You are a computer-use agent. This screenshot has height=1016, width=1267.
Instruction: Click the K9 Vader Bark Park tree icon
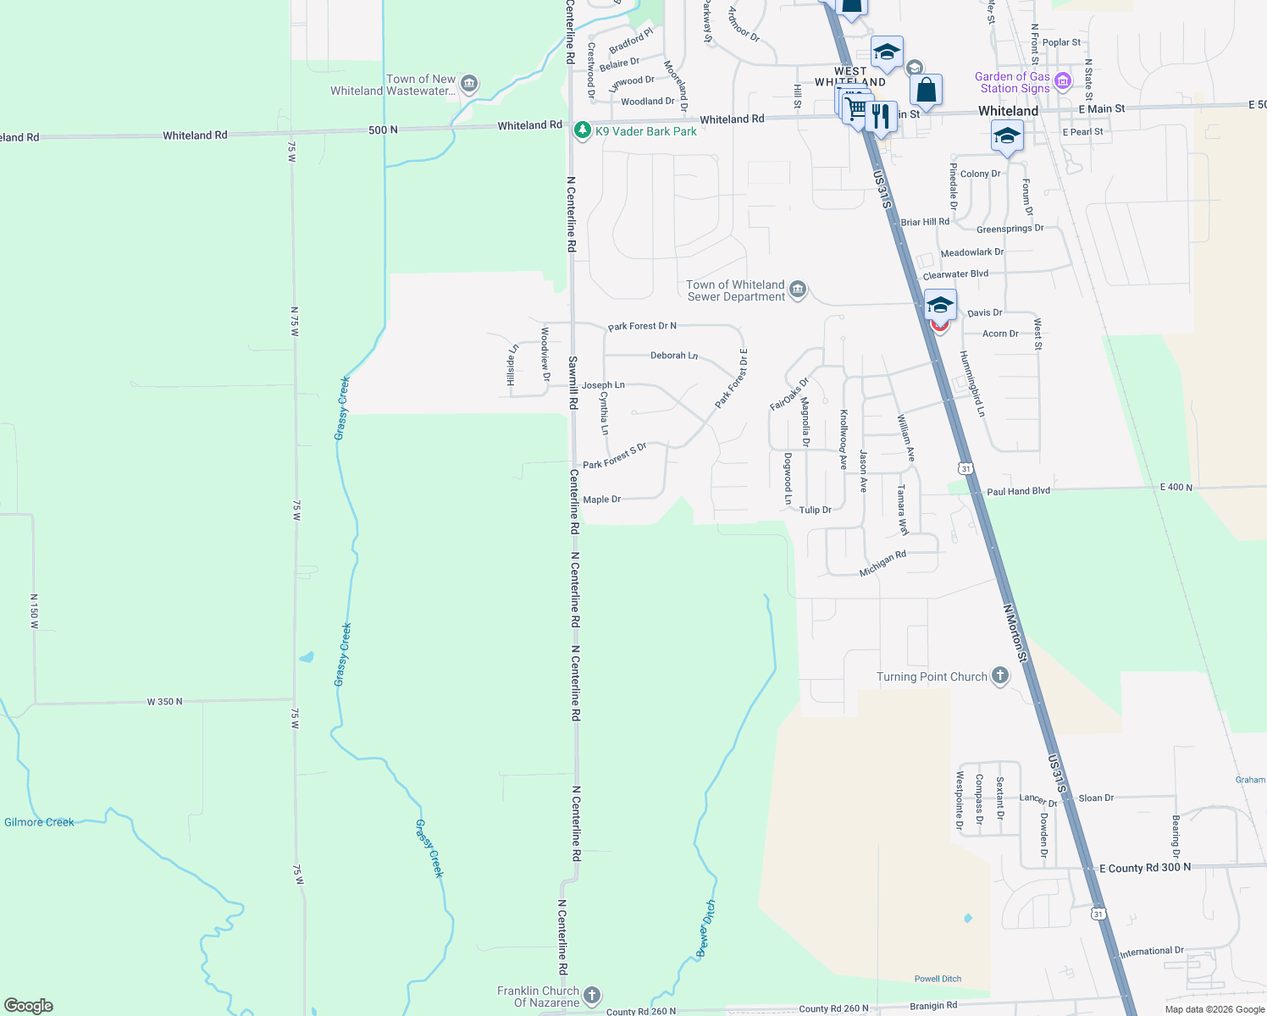[582, 130]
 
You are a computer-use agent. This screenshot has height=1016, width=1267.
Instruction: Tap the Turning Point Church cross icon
[1000, 676]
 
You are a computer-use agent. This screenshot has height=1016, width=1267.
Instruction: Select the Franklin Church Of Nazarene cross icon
[592, 996]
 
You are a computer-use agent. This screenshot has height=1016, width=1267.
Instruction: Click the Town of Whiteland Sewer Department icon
[797, 290]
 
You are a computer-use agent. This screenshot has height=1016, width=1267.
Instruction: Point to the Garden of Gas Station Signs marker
[1063, 82]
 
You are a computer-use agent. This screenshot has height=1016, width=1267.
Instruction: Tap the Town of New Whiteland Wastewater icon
[469, 85]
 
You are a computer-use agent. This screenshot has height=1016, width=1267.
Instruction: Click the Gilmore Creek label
[39, 822]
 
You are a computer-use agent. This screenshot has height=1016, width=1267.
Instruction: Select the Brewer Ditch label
[706, 929]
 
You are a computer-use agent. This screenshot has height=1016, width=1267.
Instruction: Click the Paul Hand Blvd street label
[1018, 491]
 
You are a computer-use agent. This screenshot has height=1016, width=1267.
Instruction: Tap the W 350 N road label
[164, 702]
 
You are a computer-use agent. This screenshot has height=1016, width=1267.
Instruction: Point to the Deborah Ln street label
[674, 356]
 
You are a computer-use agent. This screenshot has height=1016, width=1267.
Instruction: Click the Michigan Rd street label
[882, 564]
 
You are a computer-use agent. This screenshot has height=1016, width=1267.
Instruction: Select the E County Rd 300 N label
[1145, 868]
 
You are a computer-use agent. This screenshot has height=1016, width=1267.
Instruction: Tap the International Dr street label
[1152, 952]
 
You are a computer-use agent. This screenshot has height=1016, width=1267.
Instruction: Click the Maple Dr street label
[602, 500]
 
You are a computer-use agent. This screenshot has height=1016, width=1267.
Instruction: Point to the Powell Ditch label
[938, 979]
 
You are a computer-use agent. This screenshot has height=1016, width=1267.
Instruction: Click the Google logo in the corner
[29, 1006]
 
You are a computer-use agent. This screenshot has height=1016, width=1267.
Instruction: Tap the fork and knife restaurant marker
[882, 117]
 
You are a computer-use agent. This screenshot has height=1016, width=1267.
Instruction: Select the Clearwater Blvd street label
[955, 275]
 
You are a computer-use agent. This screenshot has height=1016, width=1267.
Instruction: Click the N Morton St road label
[1015, 632]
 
